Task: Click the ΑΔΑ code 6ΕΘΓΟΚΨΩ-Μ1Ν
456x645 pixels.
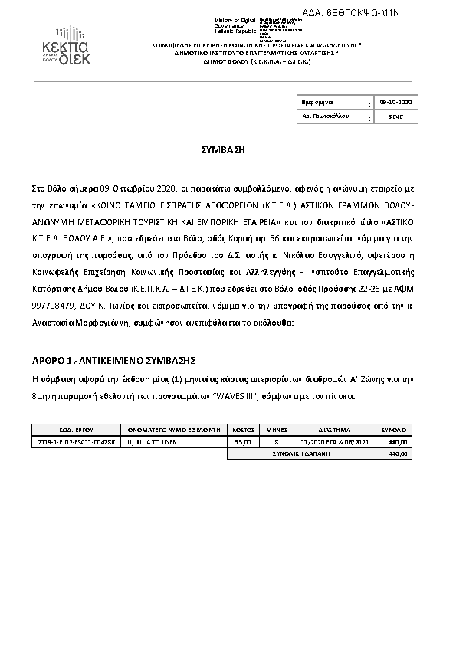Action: coord(363,12)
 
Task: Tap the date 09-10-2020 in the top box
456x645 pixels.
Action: coord(395,102)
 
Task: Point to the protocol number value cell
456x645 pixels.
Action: coord(395,116)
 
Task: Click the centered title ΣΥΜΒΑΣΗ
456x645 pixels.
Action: coord(228,150)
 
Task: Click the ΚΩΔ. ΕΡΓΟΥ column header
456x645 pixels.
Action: coord(75,430)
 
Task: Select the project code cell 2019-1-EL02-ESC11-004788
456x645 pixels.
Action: coord(75,441)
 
